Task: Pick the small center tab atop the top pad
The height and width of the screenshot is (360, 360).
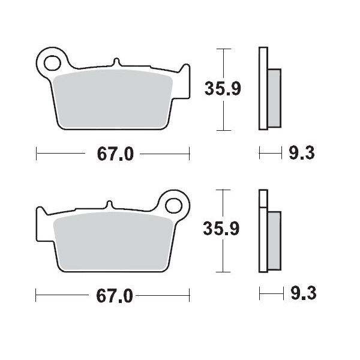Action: [x=116, y=62]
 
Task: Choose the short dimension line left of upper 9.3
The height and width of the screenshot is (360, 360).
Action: [x=270, y=154]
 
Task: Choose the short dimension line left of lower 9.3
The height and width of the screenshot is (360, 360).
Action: [x=270, y=294]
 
